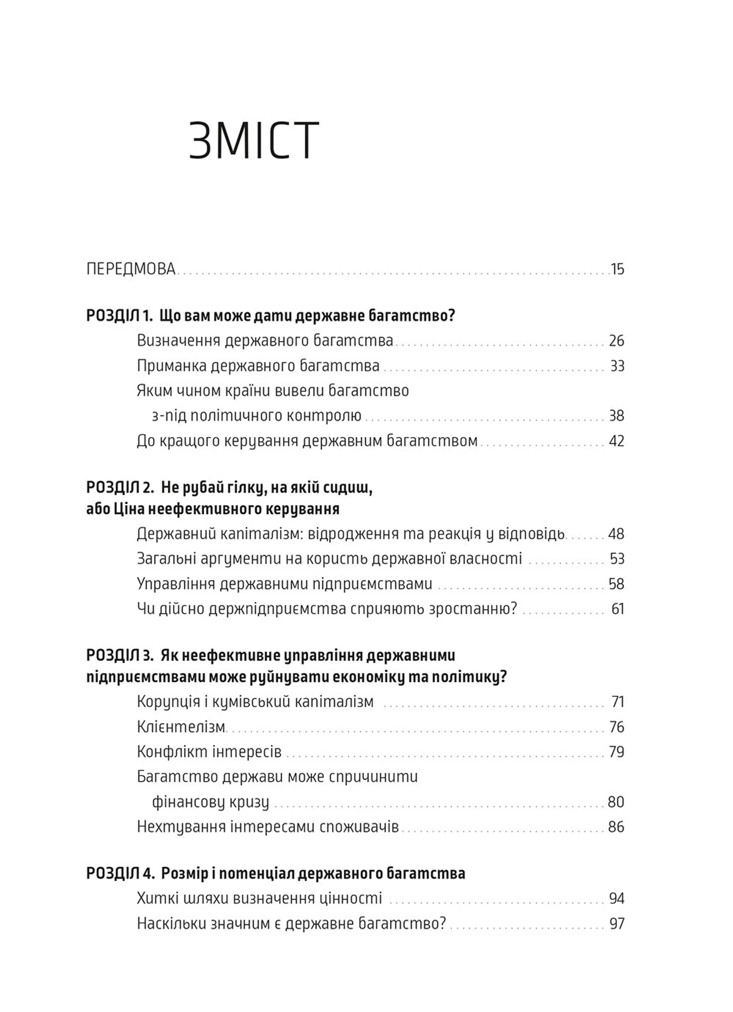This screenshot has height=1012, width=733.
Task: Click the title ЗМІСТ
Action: coord(254,141)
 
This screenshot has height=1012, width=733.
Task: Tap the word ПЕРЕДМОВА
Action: coord(131,269)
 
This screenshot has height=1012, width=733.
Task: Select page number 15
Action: coord(617,270)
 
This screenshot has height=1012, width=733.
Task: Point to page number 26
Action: coord(616,341)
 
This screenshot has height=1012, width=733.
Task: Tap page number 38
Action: coord(616,416)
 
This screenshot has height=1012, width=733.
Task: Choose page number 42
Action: coord(616,441)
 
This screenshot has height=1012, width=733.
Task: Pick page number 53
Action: coord(617,559)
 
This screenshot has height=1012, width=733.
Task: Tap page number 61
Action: coord(617,609)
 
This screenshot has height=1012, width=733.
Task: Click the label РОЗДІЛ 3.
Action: coord(120,655)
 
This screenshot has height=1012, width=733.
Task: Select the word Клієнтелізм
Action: coord(181,727)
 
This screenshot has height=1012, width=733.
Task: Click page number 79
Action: coord(616,752)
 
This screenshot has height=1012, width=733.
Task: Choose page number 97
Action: coord(617,923)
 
